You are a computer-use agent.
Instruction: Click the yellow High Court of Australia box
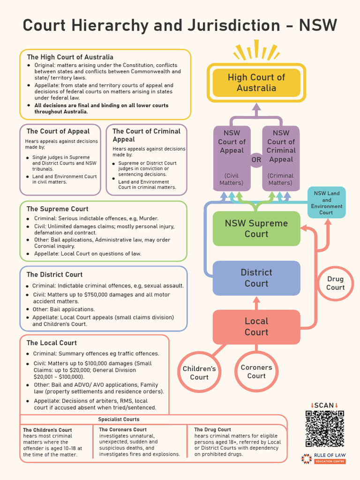256,83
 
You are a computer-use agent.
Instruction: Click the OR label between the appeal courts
256,160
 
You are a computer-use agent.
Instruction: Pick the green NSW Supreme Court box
256,229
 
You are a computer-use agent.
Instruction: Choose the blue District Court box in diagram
256,278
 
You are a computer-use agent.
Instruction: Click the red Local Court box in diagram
256,327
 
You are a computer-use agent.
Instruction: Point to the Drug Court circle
335,283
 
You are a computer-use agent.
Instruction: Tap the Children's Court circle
199,373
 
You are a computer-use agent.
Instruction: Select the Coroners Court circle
256,371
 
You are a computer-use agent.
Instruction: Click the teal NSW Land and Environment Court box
326,202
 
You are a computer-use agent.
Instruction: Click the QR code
324,428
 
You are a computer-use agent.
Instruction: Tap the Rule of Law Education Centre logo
323,459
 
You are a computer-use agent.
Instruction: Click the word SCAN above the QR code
324,405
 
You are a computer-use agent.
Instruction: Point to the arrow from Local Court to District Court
256,303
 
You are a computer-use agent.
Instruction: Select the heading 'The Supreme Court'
57,209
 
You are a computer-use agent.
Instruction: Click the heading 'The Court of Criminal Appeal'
146,135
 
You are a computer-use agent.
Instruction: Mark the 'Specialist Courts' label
119,419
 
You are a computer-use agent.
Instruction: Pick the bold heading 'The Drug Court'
212,429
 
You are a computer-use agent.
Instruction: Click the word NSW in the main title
318,25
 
